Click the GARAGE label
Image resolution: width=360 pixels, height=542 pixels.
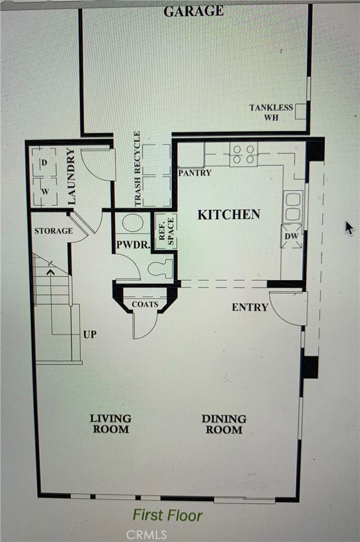(193, 11)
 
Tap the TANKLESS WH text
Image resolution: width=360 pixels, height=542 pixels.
(271, 112)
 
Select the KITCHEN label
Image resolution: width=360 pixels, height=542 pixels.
(228, 215)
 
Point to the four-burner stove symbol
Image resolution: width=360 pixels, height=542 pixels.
(243, 154)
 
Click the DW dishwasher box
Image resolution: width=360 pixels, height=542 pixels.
(291, 236)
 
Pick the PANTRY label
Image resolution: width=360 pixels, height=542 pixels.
(194, 173)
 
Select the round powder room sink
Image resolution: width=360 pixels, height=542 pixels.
(133, 222)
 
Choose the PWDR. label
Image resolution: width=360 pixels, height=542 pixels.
(133, 245)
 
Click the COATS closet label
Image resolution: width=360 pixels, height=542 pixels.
(145, 304)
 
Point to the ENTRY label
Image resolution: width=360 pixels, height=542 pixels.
(250, 307)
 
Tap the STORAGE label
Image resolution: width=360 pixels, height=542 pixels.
(54, 230)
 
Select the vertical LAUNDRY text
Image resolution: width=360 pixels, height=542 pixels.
(71, 176)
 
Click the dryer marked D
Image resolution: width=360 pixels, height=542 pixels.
(44, 163)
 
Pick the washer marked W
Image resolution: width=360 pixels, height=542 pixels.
(45, 191)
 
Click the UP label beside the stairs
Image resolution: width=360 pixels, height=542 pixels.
(90, 335)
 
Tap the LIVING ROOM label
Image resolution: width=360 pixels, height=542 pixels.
(111, 424)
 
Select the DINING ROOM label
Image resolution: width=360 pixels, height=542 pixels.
(224, 424)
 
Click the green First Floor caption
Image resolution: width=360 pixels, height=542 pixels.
(168, 515)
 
